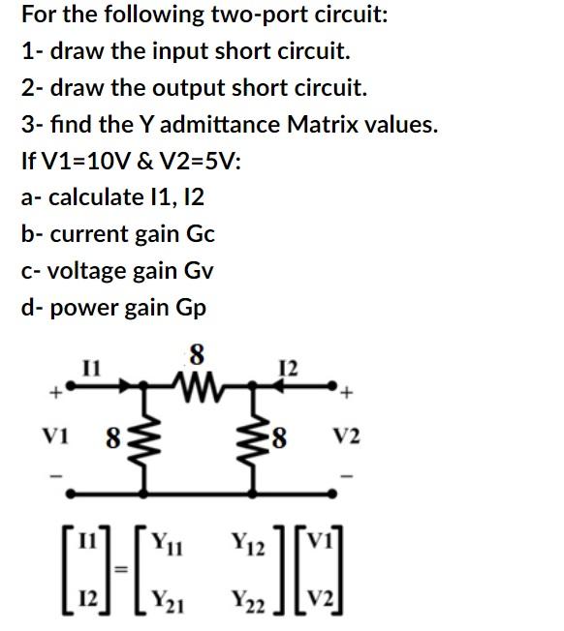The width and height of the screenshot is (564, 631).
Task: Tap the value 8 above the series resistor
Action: tap(197, 355)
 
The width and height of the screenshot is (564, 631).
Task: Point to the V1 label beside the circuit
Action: tap(52, 436)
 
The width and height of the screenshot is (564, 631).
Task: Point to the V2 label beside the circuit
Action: tap(347, 437)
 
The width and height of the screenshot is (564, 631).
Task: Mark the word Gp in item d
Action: tap(190, 308)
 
